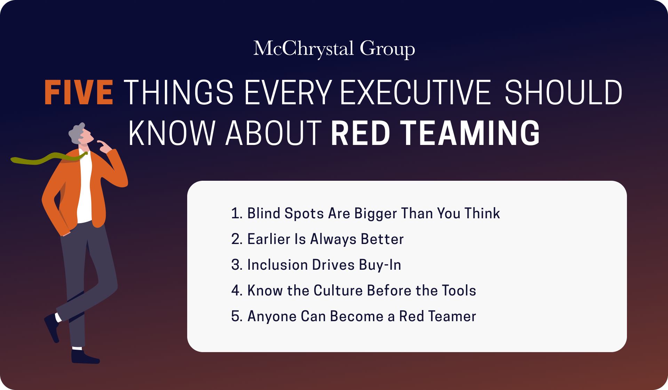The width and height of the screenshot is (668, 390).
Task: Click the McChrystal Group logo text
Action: click(334, 49)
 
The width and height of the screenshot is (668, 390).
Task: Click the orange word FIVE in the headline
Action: click(79, 92)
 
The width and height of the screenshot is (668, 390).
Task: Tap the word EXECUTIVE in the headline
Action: click(415, 92)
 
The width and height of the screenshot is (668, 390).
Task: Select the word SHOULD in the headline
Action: click(563, 92)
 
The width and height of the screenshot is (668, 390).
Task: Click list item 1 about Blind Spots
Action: click(365, 213)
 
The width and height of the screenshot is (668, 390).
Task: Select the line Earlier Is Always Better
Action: click(317, 239)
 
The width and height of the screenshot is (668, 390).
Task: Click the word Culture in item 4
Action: click(338, 291)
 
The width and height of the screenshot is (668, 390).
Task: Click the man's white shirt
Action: click(85, 188)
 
